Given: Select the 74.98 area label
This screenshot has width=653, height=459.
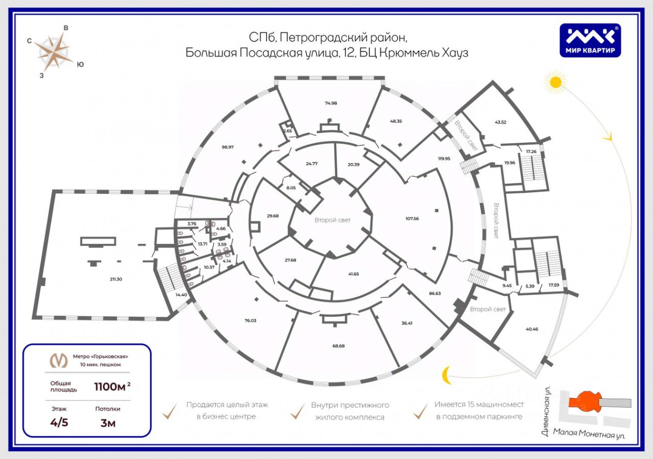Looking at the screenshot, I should tap(331, 103).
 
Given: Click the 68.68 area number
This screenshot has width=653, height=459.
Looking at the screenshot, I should tap(339, 345).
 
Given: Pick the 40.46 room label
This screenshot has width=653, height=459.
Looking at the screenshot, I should tap(532, 329).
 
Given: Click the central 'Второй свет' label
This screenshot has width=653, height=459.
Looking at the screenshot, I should tap(333, 220).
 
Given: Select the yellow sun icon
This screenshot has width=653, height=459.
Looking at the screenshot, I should tap(555, 82).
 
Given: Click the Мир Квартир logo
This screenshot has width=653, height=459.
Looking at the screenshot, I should tap(591, 41).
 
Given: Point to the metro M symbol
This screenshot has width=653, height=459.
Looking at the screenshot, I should tap(59, 360).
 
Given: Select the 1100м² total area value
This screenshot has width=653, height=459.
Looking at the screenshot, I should tap(112, 386).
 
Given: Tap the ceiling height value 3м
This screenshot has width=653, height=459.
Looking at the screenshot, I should tap(107, 423).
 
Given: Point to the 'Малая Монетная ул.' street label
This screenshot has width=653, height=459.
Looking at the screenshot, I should tap(589, 433).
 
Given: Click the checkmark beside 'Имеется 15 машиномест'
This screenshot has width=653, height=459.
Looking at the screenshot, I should tap(421, 411).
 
